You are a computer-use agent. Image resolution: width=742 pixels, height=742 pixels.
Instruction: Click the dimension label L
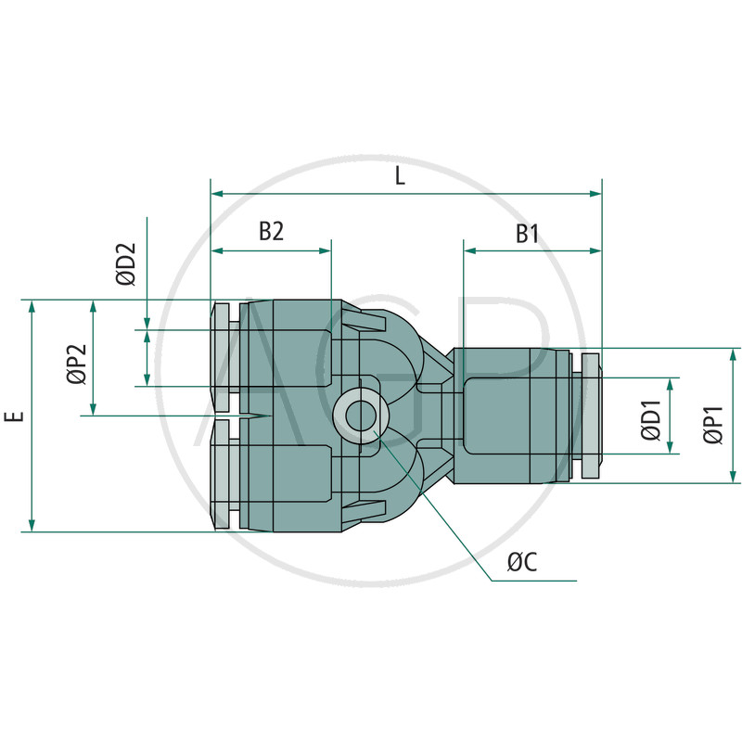401,176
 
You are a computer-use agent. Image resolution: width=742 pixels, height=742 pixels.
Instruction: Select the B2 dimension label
271,231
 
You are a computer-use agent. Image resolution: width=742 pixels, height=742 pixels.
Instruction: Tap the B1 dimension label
527,234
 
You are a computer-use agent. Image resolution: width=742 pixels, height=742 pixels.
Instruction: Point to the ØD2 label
126,263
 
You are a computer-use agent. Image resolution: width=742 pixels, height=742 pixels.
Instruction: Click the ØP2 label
77,364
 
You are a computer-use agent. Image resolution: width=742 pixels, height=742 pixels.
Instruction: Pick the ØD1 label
651,421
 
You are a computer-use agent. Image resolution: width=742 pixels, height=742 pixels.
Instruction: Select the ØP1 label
713,425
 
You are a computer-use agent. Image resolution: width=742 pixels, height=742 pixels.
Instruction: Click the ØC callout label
522,562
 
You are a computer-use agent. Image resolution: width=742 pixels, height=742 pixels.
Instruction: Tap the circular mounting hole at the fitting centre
361,416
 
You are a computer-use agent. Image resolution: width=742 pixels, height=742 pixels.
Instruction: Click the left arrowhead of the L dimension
217,194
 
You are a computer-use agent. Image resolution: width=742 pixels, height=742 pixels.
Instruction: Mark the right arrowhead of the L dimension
595,194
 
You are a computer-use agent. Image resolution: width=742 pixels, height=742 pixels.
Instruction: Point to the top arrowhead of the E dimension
32,306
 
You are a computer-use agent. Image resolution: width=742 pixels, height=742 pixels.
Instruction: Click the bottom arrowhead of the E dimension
32,525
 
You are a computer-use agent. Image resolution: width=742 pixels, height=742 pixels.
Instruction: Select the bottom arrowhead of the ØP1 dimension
733,477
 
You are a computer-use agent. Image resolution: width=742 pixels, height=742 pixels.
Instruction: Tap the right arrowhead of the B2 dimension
326,250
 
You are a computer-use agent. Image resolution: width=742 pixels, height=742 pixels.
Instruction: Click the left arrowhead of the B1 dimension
470,250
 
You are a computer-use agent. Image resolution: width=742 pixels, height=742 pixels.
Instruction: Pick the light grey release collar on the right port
591,416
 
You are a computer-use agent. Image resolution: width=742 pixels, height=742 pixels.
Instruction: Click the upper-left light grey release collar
222,357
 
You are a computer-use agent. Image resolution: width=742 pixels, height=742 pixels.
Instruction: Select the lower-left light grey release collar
222,475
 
